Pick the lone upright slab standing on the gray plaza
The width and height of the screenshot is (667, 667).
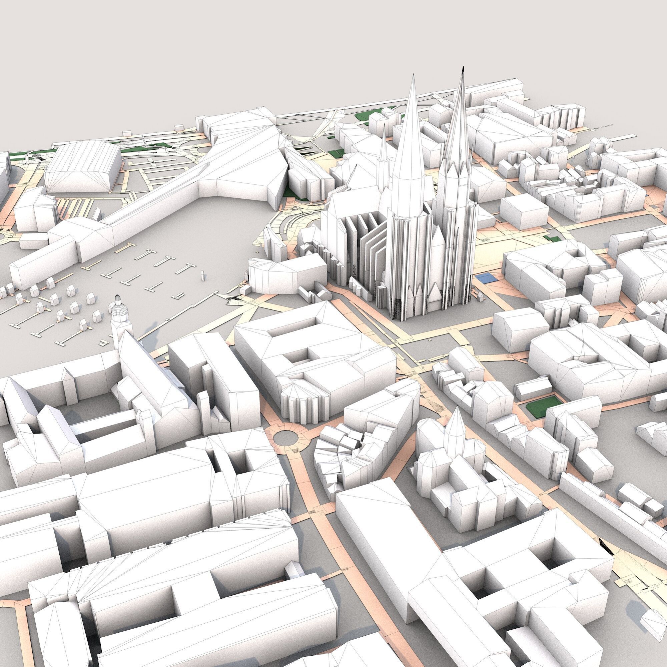point(202,275)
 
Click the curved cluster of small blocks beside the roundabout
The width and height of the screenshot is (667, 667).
point(342,449)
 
